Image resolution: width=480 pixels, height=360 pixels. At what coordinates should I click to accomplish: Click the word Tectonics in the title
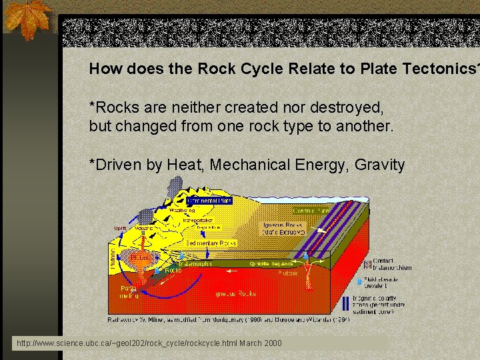[439, 68]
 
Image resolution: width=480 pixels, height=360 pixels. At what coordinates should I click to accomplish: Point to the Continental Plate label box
[209, 199]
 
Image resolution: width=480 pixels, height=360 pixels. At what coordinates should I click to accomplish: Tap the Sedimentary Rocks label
[211, 243]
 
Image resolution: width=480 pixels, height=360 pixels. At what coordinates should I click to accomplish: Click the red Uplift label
[120, 228]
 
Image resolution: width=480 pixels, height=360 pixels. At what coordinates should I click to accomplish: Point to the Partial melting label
[129, 292]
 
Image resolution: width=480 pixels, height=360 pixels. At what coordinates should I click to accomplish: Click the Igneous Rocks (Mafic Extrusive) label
[283, 229]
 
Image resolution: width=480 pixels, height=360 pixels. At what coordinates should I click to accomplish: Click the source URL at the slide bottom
[149, 343]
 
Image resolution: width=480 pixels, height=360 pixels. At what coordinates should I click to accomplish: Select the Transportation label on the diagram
[197, 219]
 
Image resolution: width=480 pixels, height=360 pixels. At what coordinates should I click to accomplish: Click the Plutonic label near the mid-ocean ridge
[289, 273]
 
